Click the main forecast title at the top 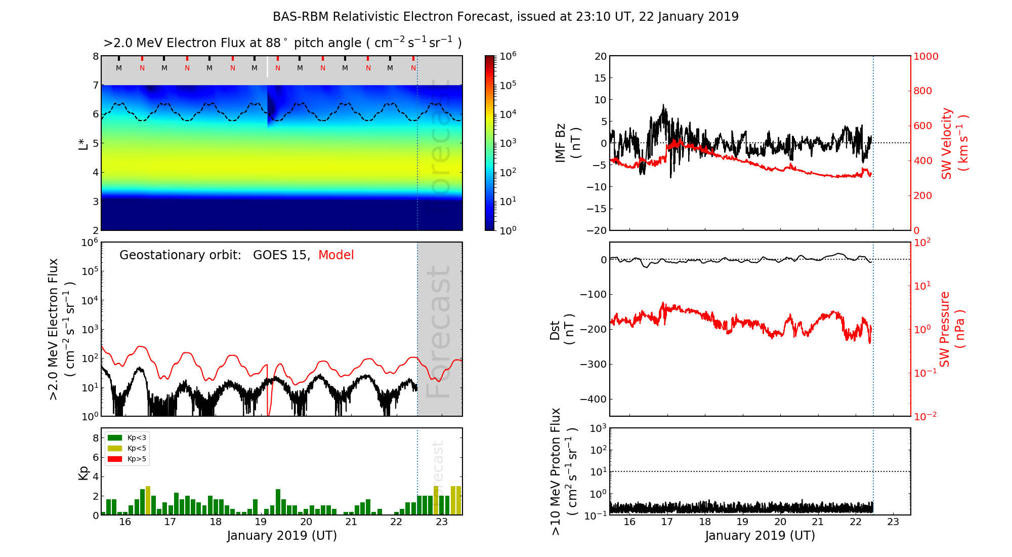pyautogui.click(x=505, y=17)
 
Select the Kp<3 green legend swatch pyautogui.click(x=115, y=437)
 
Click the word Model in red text pyautogui.click(x=336, y=255)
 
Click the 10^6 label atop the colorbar pyautogui.click(x=508, y=56)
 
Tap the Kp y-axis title pyautogui.click(x=83, y=472)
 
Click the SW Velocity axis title pyautogui.click(x=954, y=143)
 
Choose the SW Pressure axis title pyautogui.click(x=952, y=329)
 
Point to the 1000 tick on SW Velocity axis pyautogui.click(x=925, y=56)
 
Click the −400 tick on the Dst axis pyautogui.click(x=593, y=399)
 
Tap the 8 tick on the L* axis pyautogui.click(x=96, y=56)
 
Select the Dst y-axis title pyautogui.click(x=562, y=329)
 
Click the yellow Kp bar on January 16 pyautogui.click(x=148, y=500)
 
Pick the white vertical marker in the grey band pyautogui.click(x=268, y=67)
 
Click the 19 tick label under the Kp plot pyautogui.click(x=261, y=522)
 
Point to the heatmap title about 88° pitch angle pyautogui.click(x=282, y=43)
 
